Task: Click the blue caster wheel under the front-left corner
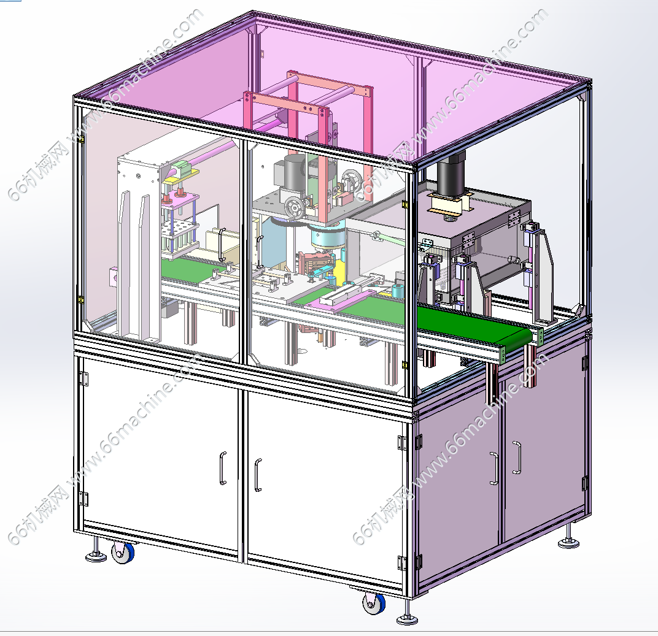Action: point(123,552)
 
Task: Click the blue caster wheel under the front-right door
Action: point(373,603)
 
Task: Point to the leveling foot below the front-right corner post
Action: point(407,613)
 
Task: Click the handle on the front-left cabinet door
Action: point(223,468)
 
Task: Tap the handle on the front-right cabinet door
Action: point(258,475)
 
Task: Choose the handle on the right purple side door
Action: point(517,458)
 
